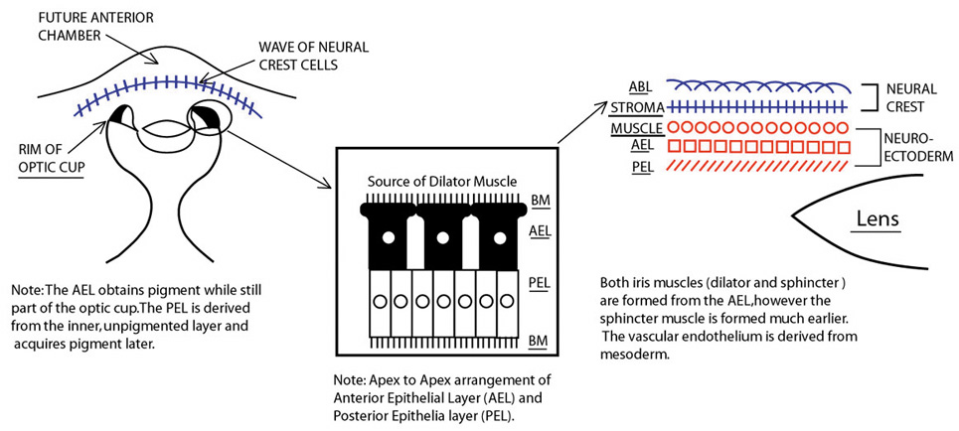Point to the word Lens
pyautogui.click(x=878, y=218)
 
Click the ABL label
pyautogui.click(x=639, y=86)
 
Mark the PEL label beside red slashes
pyautogui.click(x=642, y=167)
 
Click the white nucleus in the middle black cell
pyautogui.click(x=442, y=237)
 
